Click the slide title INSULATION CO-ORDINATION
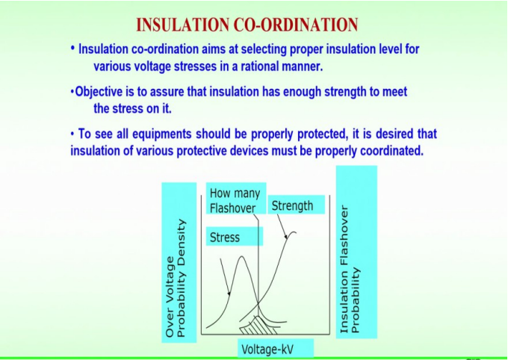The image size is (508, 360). [x=247, y=25]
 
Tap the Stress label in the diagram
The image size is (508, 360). [x=225, y=238]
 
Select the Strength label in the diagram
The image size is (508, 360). [x=292, y=205]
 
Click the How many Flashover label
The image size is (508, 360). [x=235, y=201]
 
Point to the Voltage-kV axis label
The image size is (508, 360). [x=267, y=349]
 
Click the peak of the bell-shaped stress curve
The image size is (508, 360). [x=241, y=258]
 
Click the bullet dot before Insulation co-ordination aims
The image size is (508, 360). [x=72, y=49]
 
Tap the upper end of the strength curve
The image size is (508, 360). [x=294, y=232]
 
